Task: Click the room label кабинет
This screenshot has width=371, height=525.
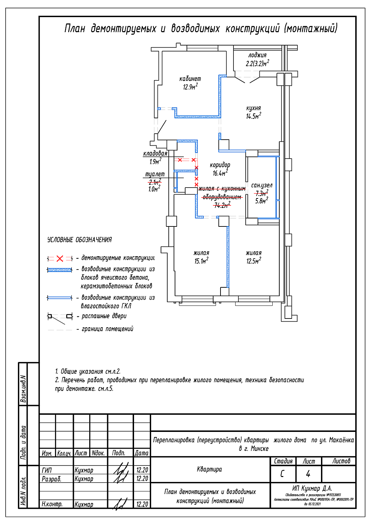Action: (x=190, y=79)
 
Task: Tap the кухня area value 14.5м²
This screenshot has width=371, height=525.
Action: (x=253, y=116)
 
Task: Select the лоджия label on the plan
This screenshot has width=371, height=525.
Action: (x=257, y=55)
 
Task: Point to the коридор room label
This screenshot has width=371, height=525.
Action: (x=220, y=165)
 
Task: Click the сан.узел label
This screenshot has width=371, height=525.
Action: (x=261, y=185)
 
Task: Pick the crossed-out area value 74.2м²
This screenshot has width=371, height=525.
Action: (x=222, y=205)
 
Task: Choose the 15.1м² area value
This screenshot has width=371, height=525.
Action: (x=201, y=261)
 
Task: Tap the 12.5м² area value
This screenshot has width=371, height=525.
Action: (x=253, y=261)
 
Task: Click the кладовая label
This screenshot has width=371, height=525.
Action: (x=155, y=153)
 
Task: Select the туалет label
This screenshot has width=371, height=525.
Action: (x=155, y=174)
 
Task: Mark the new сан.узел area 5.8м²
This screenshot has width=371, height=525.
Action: (x=261, y=201)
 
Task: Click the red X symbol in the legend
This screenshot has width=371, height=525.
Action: (x=60, y=259)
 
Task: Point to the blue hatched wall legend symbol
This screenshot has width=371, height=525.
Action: (x=60, y=270)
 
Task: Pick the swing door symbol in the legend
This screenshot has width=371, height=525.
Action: (x=60, y=317)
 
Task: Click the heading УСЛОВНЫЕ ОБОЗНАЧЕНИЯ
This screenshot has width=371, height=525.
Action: (x=79, y=240)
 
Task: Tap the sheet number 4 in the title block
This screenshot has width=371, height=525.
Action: (x=308, y=474)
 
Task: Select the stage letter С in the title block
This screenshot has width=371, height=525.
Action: (x=282, y=474)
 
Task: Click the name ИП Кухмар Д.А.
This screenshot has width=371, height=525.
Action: (x=312, y=488)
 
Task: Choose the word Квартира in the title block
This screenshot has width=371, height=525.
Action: (x=209, y=469)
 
